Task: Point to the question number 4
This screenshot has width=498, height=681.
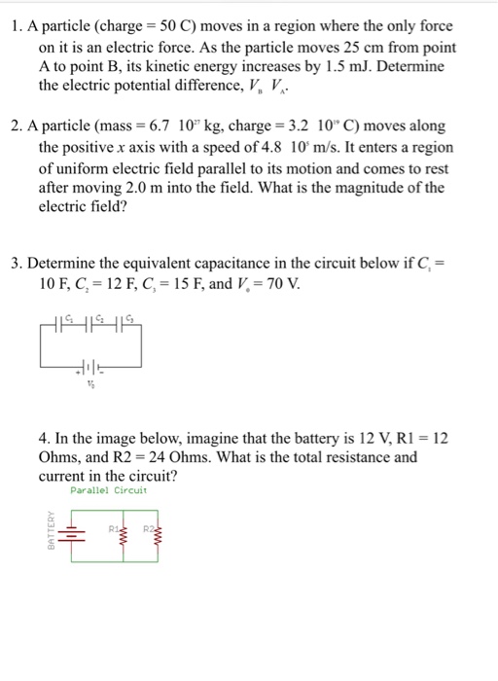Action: point(44,438)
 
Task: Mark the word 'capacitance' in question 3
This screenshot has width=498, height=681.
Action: point(237,264)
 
